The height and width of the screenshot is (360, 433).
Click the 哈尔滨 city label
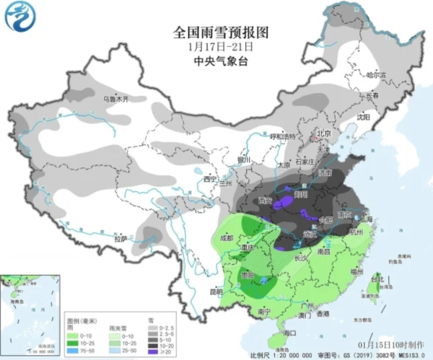tap(375, 74)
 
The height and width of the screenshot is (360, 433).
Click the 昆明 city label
tap(196, 292)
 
